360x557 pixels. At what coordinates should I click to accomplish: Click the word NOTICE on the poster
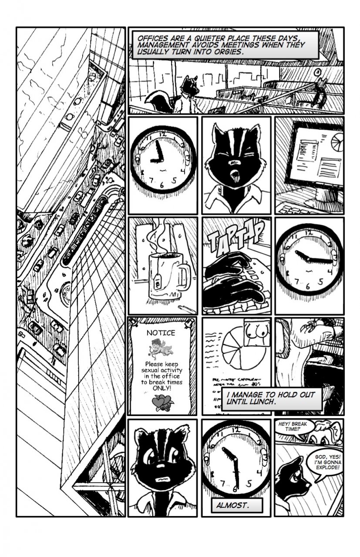161,333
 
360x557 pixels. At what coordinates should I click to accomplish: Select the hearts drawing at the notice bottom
162,403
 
